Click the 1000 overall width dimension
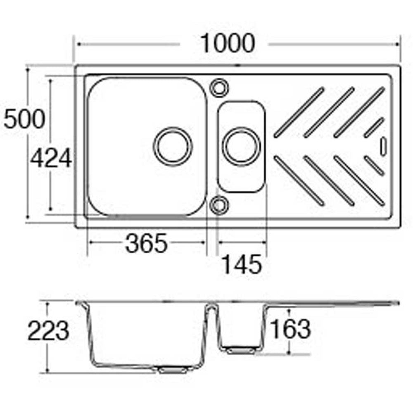click(228, 43)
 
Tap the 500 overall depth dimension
click(24, 119)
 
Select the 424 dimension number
click(51, 158)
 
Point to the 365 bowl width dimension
click(147, 243)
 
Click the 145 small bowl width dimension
click(242, 264)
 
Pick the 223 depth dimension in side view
click(48, 330)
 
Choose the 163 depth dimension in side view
click(290, 329)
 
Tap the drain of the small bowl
click(242, 147)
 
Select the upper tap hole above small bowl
click(219, 88)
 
